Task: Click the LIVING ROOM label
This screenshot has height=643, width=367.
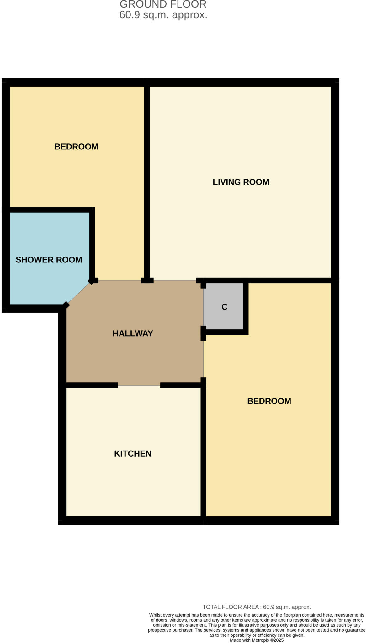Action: pos(241,182)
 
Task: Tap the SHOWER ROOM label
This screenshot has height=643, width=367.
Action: pos(49,260)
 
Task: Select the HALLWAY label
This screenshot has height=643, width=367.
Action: pos(133,333)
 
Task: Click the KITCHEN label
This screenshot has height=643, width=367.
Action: pos(133,453)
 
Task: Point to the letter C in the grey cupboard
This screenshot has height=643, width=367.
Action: pos(224,307)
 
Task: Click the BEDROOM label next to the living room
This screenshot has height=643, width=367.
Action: pos(76,147)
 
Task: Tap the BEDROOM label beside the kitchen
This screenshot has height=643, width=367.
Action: pos(269,401)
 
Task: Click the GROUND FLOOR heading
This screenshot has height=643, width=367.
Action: pos(163,4)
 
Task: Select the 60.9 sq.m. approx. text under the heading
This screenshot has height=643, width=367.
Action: pos(163,15)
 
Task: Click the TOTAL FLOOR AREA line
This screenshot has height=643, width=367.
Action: pos(257,607)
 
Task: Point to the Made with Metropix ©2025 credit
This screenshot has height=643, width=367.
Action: pos(257,640)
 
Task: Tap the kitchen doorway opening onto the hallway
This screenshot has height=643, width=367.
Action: pos(139,385)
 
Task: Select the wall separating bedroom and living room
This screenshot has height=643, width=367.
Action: pos(146,182)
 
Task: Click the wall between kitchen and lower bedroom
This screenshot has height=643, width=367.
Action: pos(203,452)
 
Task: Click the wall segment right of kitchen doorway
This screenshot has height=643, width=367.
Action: pos(181,385)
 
